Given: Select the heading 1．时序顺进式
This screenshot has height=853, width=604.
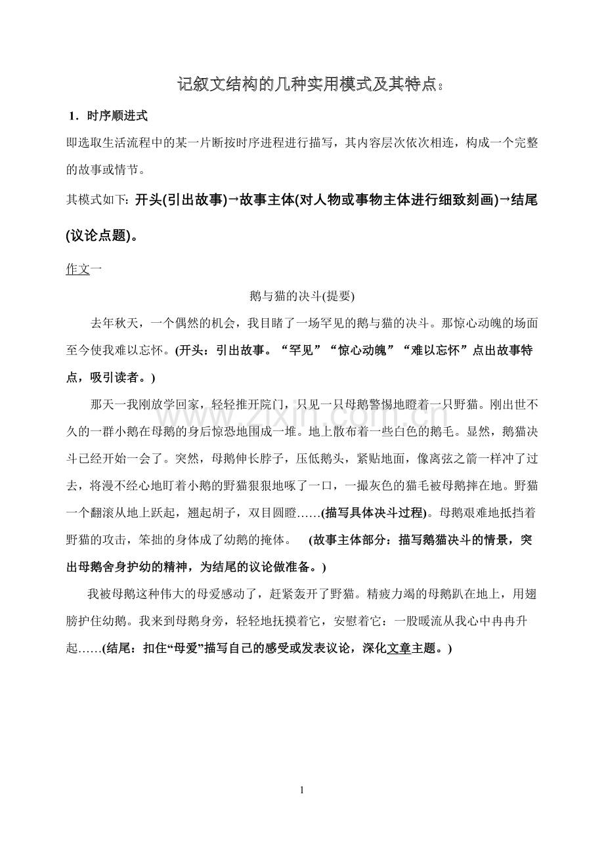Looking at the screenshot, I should (x=108, y=116).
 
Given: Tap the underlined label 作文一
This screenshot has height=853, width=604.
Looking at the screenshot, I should (x=83, y=269).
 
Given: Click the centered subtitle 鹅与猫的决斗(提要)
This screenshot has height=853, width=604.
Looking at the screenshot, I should (x=301, y=296).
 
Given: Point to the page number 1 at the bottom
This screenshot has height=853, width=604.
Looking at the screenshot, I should (x=301, y=790).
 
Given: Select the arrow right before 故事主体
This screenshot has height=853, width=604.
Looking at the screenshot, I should (x=234, y=200).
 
